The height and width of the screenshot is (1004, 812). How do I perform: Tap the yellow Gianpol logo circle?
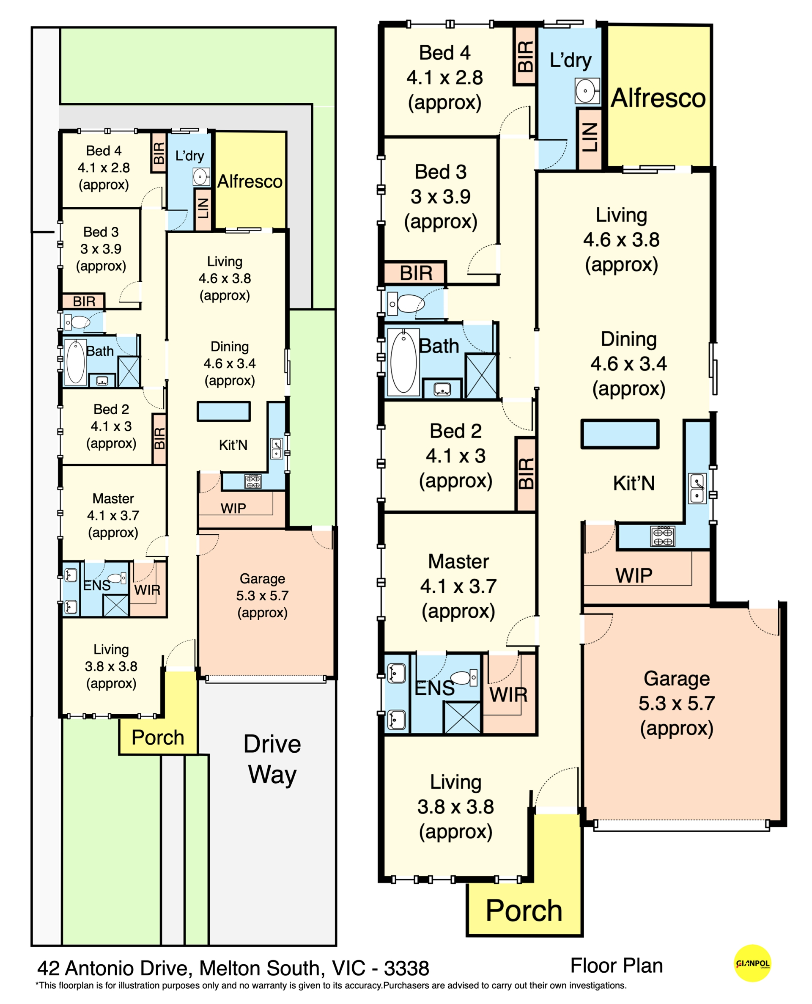pyautogui.click(x=752, y=963)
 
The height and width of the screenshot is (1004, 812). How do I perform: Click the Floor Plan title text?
pyautogui.click(x=617, y=965)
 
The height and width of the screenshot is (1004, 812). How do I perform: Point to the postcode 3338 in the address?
pyautogui.click(x=406, y=968)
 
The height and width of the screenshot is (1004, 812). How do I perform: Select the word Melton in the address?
pyautogui.click(x=230, y=968)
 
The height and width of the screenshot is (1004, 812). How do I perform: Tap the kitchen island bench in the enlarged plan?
pyautogui.click(x=620, y=434)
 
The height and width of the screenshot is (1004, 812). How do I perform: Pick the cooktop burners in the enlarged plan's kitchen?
pyautogui.click(x=663, y=536)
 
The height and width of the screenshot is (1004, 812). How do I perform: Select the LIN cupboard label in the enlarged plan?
pyautogui.click(x=590, y=138)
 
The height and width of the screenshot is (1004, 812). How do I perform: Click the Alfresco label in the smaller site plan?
pyautogui.click(x=250, y=182)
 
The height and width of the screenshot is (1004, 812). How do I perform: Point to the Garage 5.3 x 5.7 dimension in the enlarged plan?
pyautogui.click(x=676, y=703)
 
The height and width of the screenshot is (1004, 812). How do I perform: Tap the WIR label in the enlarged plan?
pyautogui.click(x=508, y=694)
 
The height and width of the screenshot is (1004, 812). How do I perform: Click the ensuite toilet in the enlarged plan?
pyautogui.click(x=463, y=677)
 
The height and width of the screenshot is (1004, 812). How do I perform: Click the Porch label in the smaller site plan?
pyautogui.click(x=158, y=737)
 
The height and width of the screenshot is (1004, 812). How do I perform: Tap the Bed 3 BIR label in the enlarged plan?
pyautogui.click(x=416, y=273)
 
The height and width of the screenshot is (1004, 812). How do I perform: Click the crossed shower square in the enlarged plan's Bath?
pyautogui.click(x=481, y=376)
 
